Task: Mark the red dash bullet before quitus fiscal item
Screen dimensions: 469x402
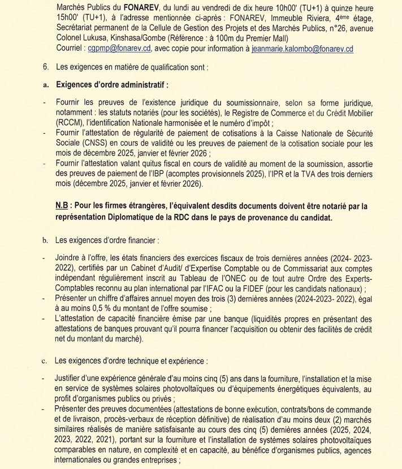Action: coord(45,164)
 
